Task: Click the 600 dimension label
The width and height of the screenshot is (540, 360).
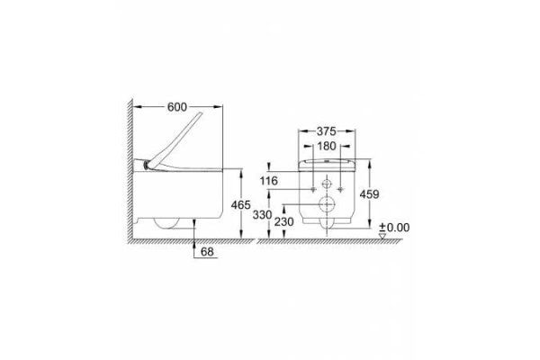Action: (x=177, y=107)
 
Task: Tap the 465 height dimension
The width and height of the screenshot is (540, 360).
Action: (x=240, y=205)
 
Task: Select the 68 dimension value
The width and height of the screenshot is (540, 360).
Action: (x=207, y=252)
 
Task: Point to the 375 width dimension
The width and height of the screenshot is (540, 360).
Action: (x=326, y=131)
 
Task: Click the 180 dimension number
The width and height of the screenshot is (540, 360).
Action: (x=327, y=146)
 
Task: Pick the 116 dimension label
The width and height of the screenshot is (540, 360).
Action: (x=268, y=181)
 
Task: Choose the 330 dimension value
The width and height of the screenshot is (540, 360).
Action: (x=263, y=215)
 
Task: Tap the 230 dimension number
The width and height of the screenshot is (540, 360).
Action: (x=284, y=222)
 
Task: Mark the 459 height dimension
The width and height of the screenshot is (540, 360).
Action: (x=369, y=194)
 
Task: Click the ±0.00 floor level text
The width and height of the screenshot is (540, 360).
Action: (x=394, y=228)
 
